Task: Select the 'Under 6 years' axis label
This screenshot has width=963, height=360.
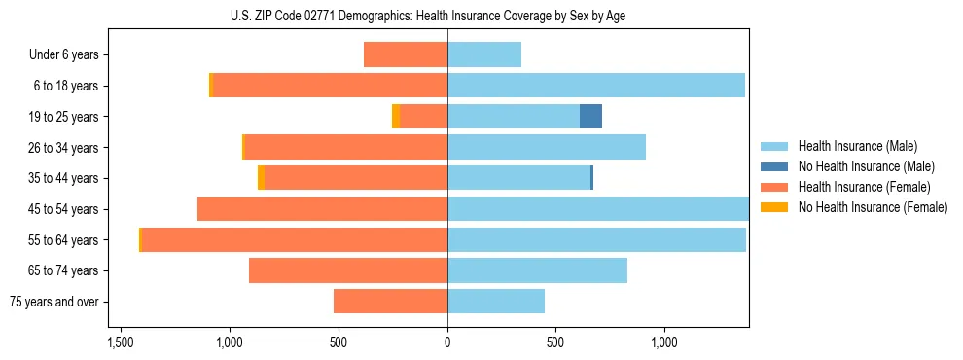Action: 64,54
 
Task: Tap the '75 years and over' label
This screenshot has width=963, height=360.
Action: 54,302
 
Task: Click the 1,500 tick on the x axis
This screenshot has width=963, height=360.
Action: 121,342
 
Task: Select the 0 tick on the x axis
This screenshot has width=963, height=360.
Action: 447,342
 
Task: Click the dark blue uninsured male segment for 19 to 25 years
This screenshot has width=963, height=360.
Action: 590,117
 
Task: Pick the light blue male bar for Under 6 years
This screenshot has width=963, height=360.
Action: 484,54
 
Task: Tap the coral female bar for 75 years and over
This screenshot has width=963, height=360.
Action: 390,302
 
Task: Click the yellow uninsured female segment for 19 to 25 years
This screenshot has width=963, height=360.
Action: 396,117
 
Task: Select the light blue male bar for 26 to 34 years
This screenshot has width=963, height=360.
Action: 547,147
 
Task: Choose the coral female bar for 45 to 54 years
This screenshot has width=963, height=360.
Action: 322,209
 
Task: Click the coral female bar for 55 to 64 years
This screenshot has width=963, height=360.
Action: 295,239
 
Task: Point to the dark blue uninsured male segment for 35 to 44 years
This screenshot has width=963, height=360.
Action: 591,178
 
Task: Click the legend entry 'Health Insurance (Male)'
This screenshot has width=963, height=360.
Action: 857,146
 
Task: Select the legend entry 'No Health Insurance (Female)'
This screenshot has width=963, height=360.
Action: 872,207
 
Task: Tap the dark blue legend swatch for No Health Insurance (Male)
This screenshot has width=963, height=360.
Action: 774,166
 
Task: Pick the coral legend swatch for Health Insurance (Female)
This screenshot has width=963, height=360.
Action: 774,187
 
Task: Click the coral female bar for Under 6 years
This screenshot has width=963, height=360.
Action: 406,54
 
